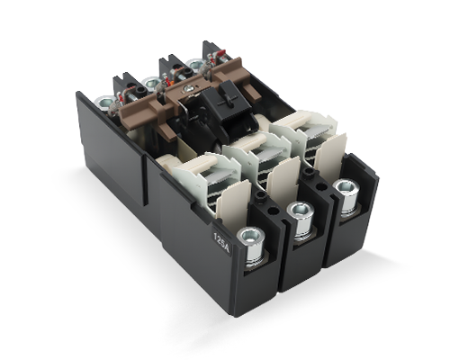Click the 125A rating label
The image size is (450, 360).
221,241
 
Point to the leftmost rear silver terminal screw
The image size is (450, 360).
104,103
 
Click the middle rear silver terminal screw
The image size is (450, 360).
151,82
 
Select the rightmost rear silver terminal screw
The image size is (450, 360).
195,64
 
